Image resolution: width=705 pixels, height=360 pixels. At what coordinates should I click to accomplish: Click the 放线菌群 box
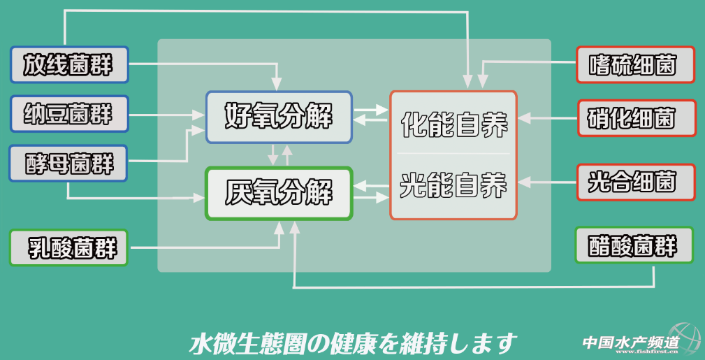68,66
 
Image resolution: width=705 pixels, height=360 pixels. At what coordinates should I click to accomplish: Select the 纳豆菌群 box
68,114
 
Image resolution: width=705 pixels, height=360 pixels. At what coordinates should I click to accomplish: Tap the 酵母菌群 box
68,164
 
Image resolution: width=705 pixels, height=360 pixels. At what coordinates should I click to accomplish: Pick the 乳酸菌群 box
68,247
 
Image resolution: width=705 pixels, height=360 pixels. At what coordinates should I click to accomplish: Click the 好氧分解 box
278,116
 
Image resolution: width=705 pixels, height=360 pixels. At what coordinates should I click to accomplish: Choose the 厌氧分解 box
278,193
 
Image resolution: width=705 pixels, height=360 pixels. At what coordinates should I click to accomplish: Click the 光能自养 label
453,185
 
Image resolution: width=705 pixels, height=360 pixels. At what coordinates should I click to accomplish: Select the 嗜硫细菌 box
635,65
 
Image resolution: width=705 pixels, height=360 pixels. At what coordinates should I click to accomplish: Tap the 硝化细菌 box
637,118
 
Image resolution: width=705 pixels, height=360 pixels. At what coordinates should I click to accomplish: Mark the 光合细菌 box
635,182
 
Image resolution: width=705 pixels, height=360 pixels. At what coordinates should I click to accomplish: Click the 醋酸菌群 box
634,246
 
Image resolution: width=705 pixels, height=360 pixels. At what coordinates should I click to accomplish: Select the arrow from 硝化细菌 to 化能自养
548,118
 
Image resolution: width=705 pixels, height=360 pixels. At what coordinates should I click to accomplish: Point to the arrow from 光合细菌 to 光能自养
548,183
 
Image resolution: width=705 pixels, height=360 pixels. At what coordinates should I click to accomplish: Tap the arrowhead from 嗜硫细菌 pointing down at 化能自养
481,82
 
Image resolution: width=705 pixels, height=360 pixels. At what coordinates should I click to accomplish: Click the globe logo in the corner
685,339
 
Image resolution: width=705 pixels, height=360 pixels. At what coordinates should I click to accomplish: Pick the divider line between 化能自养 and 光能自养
453,153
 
